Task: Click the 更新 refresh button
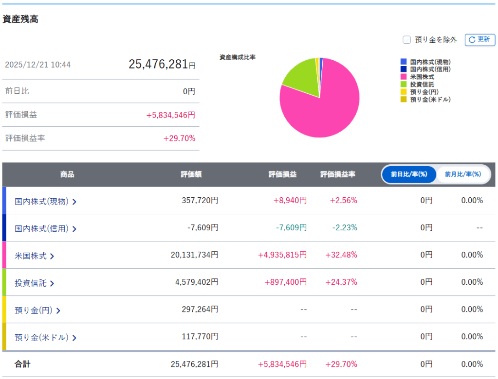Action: [x=480, y=40]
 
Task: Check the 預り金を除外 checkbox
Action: [x=406, y=40]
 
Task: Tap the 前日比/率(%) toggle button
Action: [x=409, y=174]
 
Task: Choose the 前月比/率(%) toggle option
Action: [x=462, y=174]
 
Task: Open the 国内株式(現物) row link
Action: [x=45, y=201]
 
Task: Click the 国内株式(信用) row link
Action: [x=45, y=228]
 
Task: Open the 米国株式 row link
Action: [x=34, y=256]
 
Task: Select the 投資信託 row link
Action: [x=34, y=283]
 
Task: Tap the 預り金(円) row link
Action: [x=37, y=310]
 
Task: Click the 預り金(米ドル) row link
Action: [x=45, y=337]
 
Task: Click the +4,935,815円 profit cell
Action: [x=282, y=255]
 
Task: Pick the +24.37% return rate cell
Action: [x=343, y=282]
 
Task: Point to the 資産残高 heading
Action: [x=20, y=19]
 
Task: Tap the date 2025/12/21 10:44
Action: [x=37, y=65]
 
